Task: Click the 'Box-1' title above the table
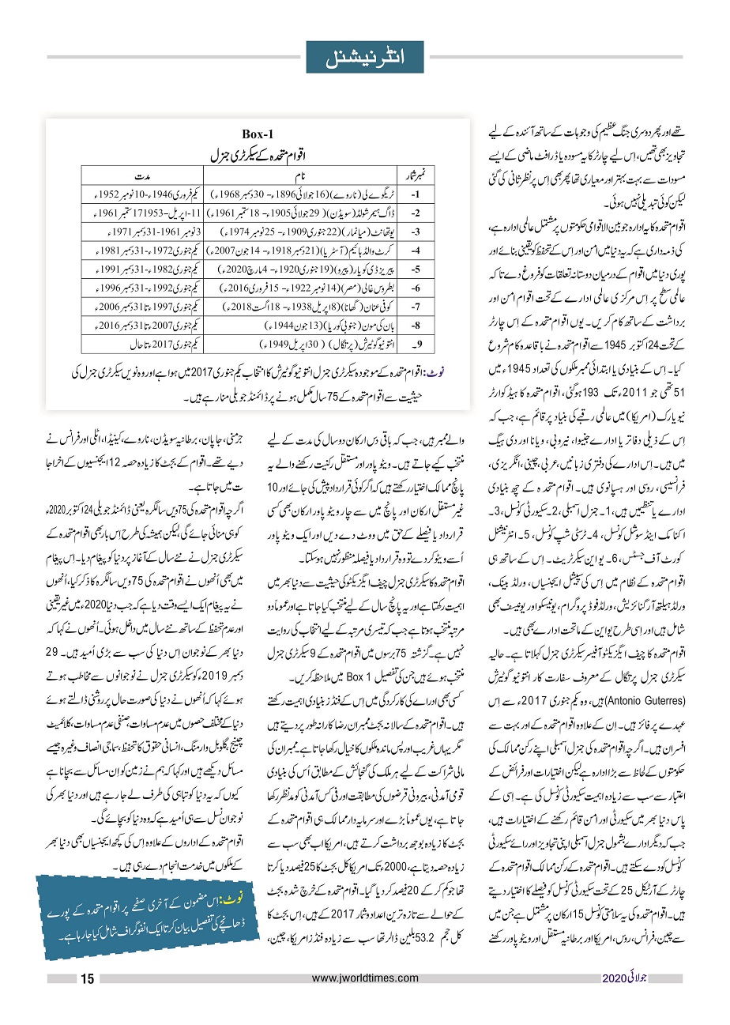pos(261,135)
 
